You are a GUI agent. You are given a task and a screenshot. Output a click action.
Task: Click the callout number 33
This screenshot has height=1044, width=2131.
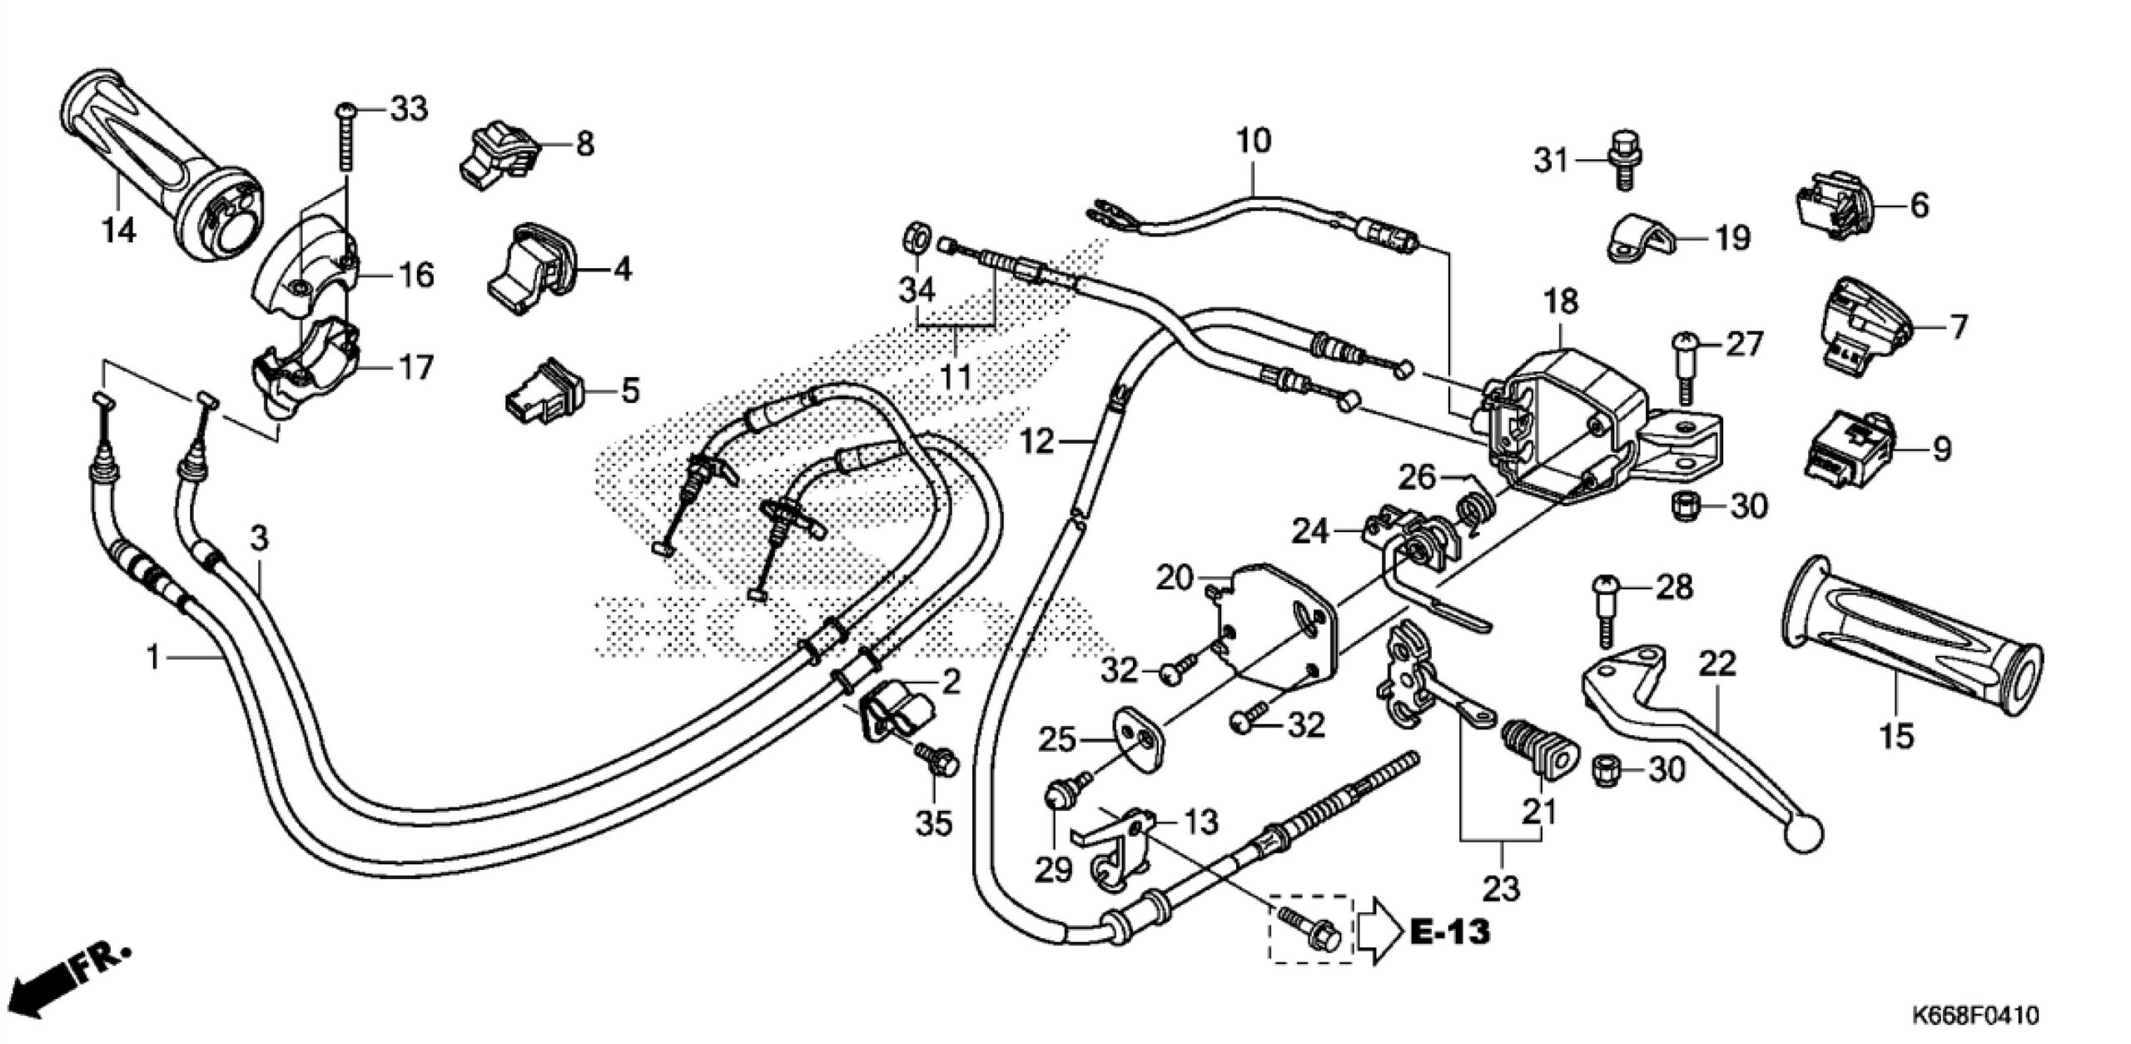click(x=408, y=108)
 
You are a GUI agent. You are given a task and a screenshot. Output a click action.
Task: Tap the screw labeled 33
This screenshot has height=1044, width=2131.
click(x=345, y=142)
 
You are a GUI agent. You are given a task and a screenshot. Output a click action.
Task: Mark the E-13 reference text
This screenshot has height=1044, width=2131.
click(x=1450, y=932)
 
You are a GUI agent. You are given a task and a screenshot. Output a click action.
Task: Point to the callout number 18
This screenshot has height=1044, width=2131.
click(x=1560, y=301)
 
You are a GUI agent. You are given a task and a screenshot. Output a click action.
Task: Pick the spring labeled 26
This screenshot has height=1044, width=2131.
click(x=1478, y=508)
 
